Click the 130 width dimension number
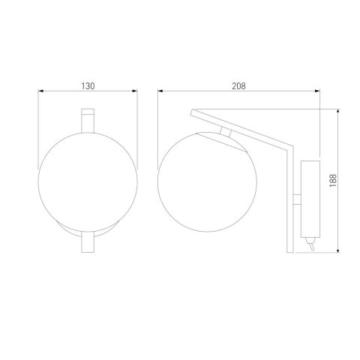click(88, 86)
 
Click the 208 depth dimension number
click(239, 86)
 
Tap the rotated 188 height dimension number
click(332, 179)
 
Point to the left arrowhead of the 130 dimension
click(40, 94)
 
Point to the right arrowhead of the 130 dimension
click(136, 94)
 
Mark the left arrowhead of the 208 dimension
click(160, 94)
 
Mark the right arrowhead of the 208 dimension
click(318, 94)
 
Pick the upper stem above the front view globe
click(88, 120)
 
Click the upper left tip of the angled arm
click(192, 112)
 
